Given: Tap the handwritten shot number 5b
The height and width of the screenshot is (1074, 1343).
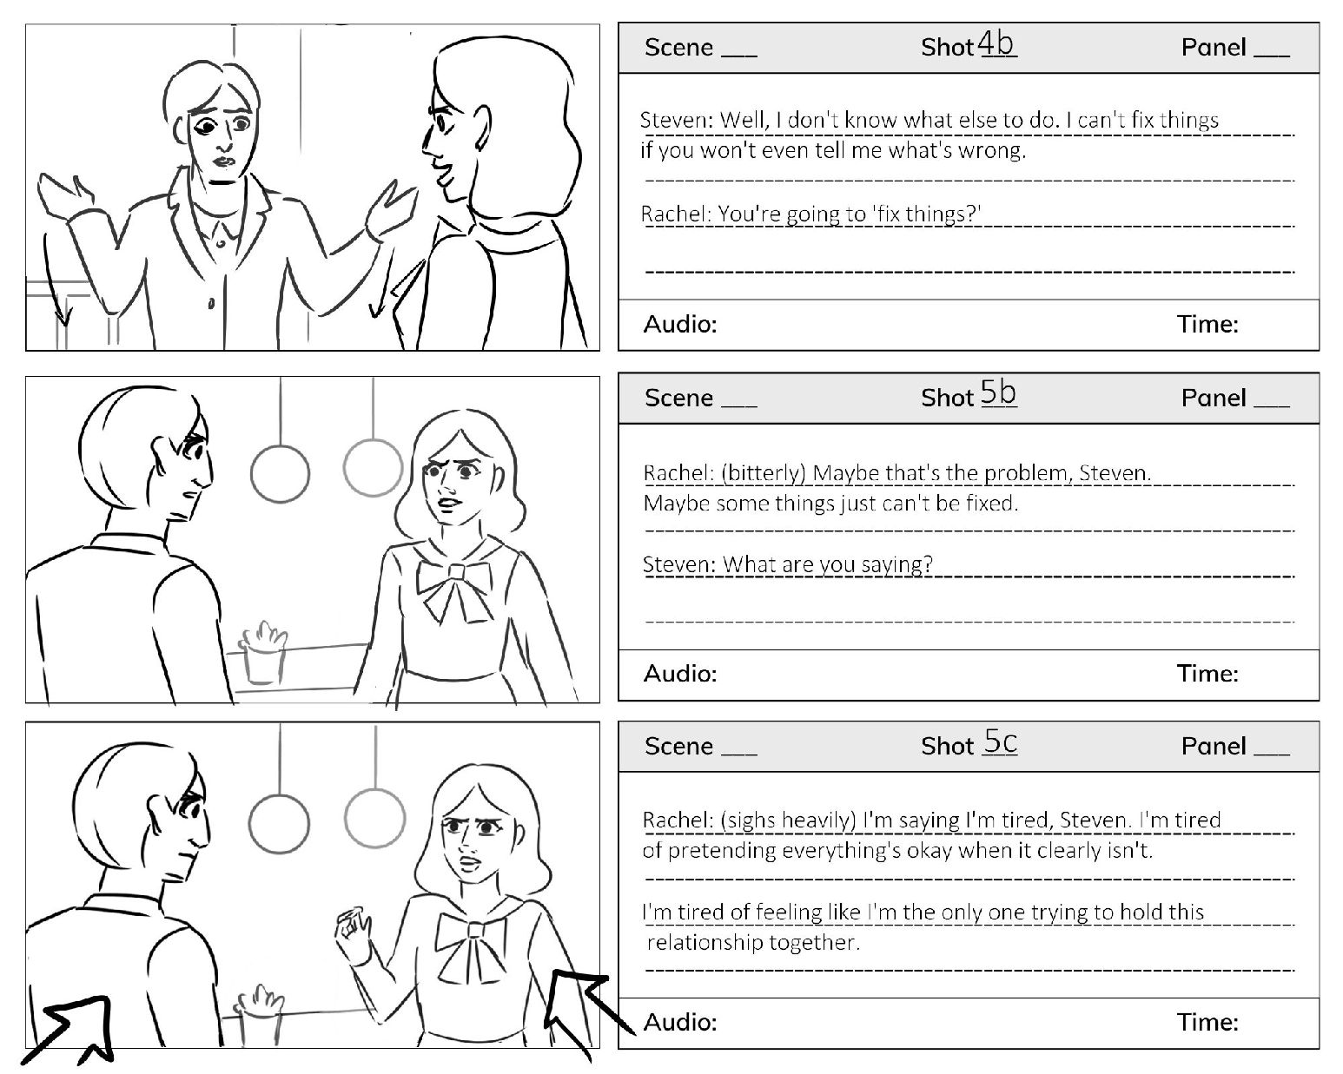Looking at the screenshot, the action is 998,393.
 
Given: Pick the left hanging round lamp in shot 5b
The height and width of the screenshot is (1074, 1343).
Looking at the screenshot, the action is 280,474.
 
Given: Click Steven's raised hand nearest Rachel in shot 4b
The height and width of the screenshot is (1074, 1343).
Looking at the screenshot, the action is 390,211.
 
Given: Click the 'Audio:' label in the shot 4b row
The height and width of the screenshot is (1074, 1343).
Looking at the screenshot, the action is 680,324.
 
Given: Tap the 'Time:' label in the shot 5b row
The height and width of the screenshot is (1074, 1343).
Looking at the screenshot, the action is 1207,673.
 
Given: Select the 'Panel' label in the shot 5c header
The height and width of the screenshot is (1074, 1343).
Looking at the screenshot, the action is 1214,746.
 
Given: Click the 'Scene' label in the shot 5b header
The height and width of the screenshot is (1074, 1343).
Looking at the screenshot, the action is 678,398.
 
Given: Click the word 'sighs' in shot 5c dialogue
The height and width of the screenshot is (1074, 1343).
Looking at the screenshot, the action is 751,820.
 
